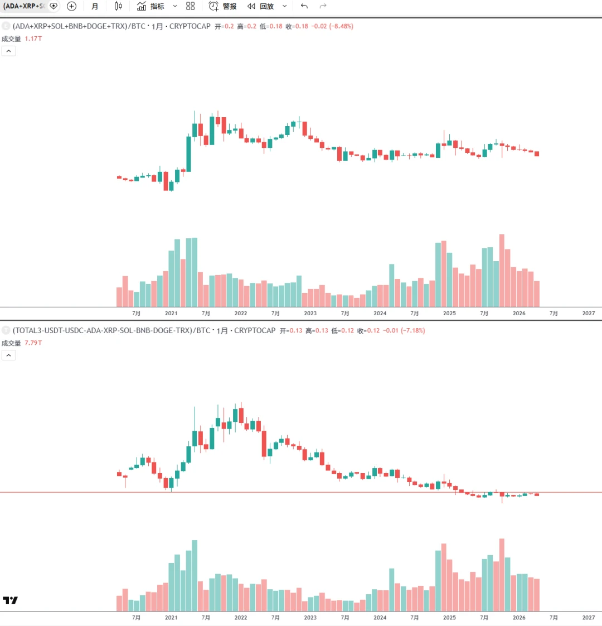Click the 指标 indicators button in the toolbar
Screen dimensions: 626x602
151,6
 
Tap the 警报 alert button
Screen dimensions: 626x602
223,6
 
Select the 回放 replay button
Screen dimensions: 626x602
261,6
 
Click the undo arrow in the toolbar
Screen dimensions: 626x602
304,6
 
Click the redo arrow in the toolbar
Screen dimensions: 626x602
323,6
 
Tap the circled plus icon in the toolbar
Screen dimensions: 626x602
71,6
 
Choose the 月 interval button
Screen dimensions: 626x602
95,6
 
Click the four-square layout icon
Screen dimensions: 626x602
191,6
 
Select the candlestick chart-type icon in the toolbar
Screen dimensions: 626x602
118,6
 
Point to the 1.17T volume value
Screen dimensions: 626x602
33,39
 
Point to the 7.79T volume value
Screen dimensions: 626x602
33,343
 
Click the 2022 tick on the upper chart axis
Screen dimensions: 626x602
241,314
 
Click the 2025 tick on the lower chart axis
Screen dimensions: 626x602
449,618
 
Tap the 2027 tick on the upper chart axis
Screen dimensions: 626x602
589,314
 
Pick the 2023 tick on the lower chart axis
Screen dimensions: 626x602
310,618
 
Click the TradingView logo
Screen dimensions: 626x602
10,600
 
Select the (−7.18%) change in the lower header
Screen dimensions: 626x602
412,330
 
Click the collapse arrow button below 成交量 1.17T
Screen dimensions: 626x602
8,51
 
